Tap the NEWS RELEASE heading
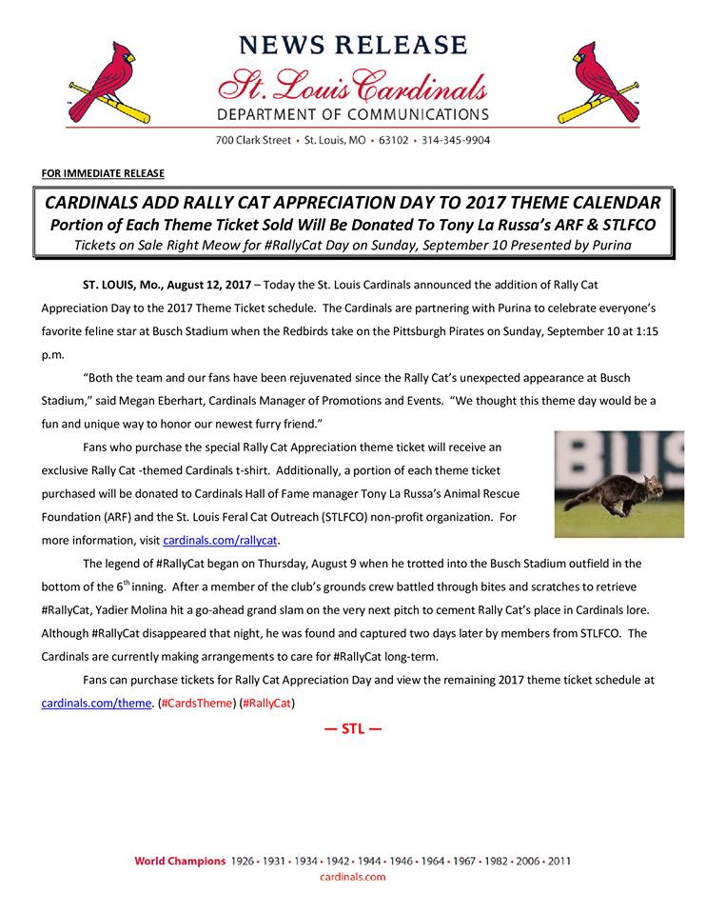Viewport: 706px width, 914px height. click(353, 45)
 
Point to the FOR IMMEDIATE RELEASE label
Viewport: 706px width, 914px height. click(103, 172)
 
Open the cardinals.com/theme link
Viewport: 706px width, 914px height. click(97, 704)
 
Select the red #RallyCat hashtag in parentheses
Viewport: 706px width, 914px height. click(268, 704)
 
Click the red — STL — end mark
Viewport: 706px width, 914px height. click(353, 730)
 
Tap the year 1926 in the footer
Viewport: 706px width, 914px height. click(243, 862)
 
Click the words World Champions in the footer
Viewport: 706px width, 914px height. click(180, 862)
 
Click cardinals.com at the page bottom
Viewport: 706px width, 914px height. click(352, 877)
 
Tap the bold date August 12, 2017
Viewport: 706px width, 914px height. click(209, 285)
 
